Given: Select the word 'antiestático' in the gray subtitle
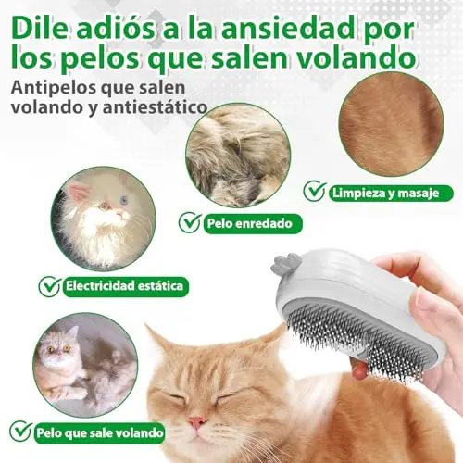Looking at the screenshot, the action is [x=156, y=107].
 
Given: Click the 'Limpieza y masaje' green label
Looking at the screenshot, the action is [x=391, y=194].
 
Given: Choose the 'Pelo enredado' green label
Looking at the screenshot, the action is [x=253, y=223].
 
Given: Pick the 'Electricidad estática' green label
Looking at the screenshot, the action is [x=126, y=286].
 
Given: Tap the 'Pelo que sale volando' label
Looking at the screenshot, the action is [x=100, y=432].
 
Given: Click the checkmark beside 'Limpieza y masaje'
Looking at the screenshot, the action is [x=315, y=192].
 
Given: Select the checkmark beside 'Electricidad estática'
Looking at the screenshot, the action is [x=50, y=285].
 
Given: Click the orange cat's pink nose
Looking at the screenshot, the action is [x=197, y=421].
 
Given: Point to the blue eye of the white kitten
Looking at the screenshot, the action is [x=124, y=201].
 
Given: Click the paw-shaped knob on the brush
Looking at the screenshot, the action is [x=282, y=264].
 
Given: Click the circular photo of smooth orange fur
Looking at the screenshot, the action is [x=391, y=124].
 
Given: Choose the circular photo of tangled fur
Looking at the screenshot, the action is [x=238, y=155].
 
